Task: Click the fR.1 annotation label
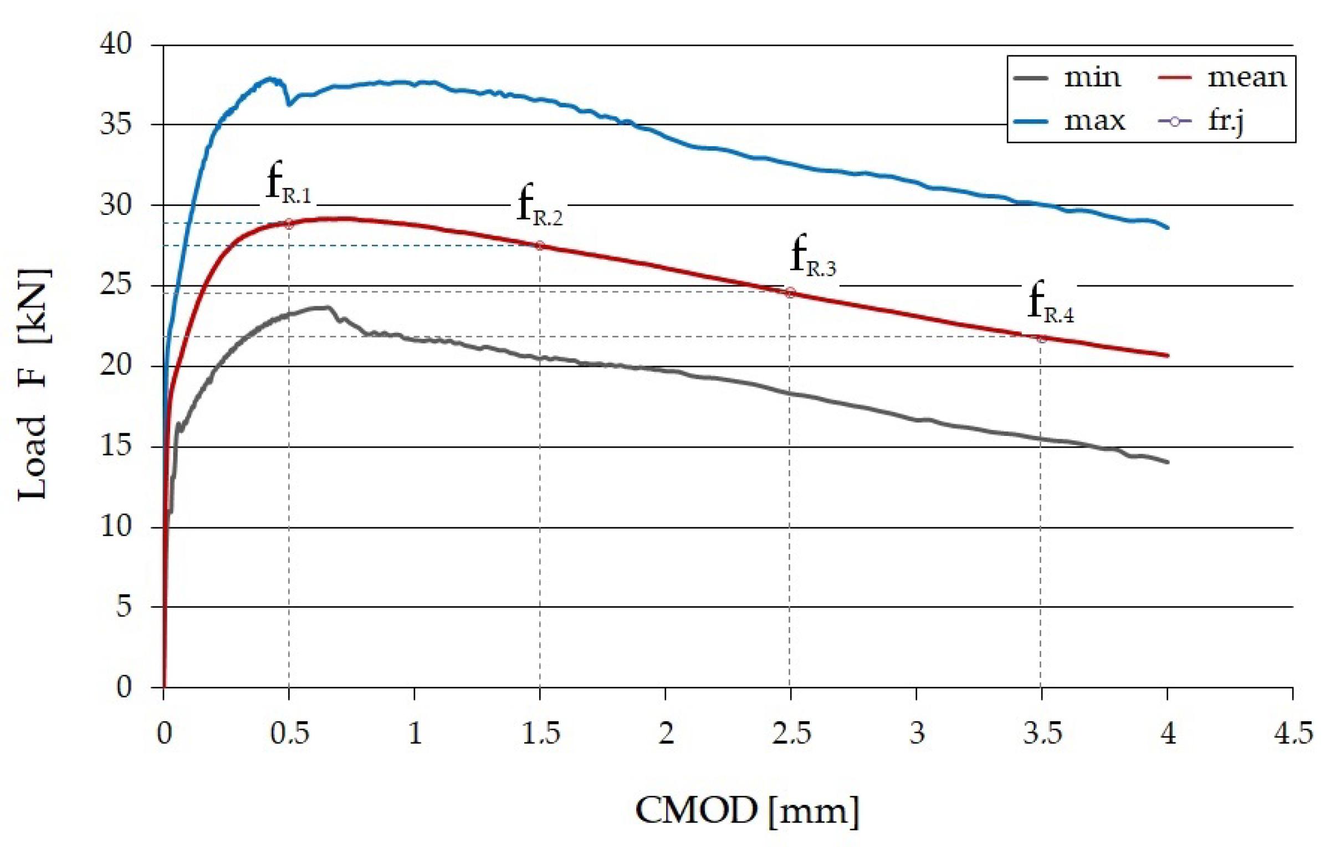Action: tap(289, 183)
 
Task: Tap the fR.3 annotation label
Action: tap(813, 256)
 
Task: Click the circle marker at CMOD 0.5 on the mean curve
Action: tap(289, 224)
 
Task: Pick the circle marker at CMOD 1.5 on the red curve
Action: tap(540, 245)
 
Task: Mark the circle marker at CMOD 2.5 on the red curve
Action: tap(790, 292)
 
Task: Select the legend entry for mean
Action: tap(1222, 78)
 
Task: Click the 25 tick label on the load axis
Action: tap(116, 285)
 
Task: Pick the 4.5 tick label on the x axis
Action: tap(1293, 733)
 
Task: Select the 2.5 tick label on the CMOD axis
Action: tap(791, 733)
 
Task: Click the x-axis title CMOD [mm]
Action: tap(746, 811)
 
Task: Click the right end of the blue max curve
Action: tap(1168, 227)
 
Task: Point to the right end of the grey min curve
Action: tap(1168, 462)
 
